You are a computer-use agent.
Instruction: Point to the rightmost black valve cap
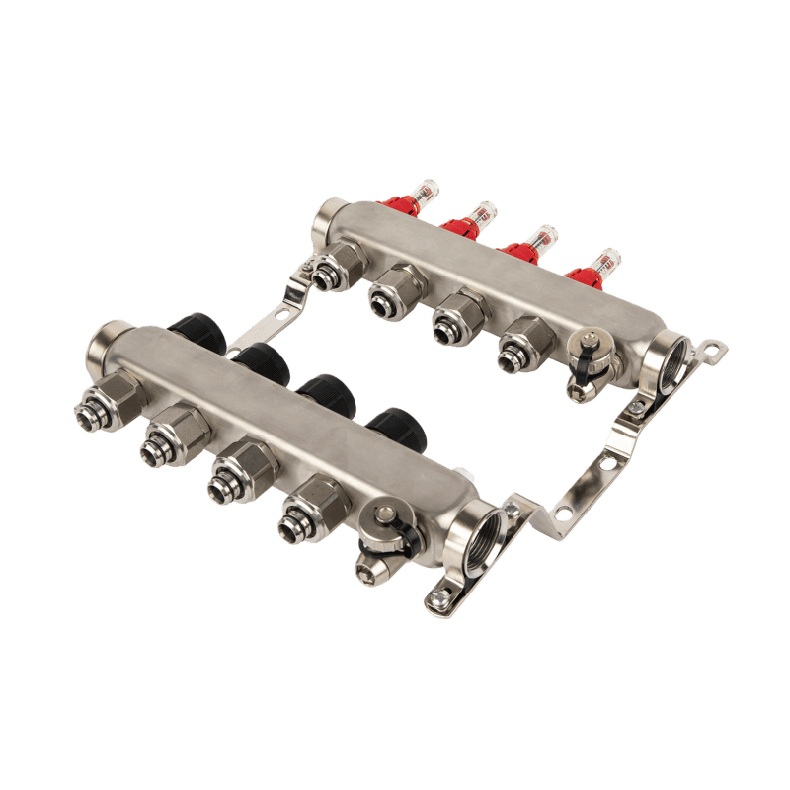(x=391, y=427)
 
